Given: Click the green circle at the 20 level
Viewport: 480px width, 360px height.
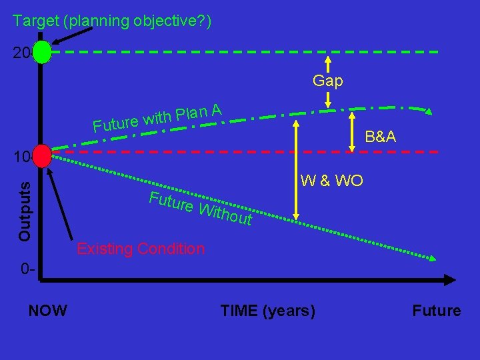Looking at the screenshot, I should click(41, 52).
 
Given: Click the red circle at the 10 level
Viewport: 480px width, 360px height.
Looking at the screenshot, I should click(41, 156).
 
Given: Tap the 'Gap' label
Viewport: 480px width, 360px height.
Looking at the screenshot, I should click(328, 81).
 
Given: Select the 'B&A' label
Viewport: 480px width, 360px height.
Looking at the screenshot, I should click(381, 137).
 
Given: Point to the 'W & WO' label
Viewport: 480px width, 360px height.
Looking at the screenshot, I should click(332, 180).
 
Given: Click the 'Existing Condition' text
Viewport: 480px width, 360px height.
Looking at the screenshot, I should click(141, 249).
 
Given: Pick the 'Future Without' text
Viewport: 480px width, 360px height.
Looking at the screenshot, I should click(201, 207).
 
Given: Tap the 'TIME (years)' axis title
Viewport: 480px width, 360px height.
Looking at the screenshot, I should click(268, 310).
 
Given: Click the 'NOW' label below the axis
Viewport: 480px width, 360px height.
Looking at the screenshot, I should click(47, 310).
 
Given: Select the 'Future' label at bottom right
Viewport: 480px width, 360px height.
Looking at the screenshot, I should click(437, 310).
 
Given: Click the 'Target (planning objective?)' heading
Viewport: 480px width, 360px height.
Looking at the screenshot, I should click(112, 21).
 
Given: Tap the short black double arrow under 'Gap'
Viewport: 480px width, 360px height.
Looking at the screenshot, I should click(328, 99).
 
